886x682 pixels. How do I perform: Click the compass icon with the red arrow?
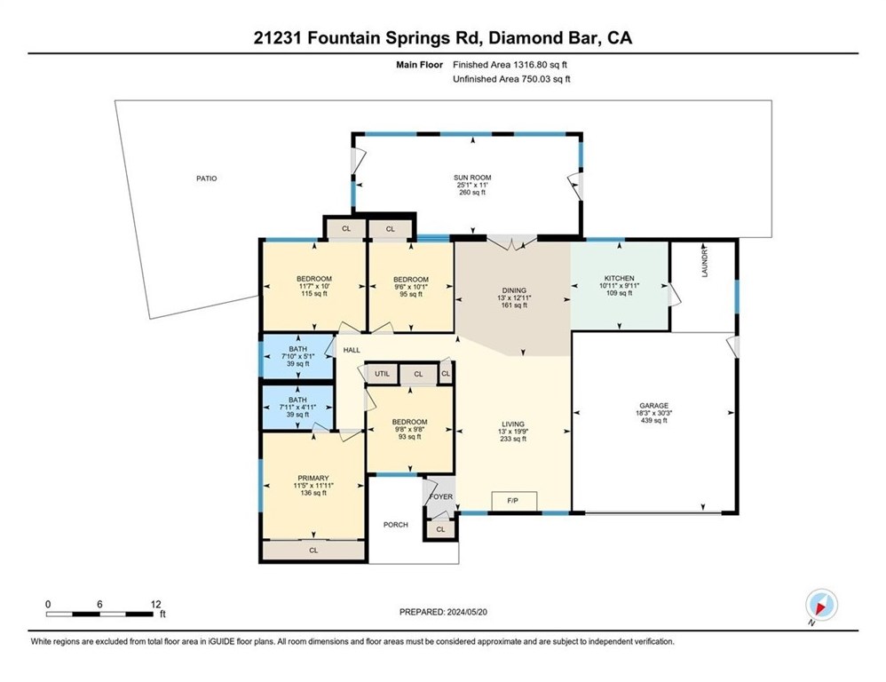pos(821,605)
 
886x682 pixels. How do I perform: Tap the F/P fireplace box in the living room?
pos(514,501)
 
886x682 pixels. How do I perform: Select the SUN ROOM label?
pos(472,178)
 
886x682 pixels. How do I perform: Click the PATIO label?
pos(206,178)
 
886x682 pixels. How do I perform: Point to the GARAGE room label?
pos(653,406)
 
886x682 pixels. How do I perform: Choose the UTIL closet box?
pos(382,374)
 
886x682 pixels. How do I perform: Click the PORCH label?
pos(396,525)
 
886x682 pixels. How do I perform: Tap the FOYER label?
pos(440,496)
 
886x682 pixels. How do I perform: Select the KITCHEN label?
pos(620,278)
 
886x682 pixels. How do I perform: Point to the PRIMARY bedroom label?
pos(313,478)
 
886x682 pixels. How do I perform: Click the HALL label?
pos(352,350)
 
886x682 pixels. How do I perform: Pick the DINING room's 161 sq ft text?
pos(514,305)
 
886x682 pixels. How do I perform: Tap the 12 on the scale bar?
pos(156,604)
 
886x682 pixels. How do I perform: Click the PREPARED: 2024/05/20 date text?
pos(443,612)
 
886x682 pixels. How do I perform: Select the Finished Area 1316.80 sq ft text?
pos(510,65)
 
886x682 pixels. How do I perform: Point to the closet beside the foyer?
pos(440,529)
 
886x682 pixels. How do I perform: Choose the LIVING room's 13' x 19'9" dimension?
pos(513,432)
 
